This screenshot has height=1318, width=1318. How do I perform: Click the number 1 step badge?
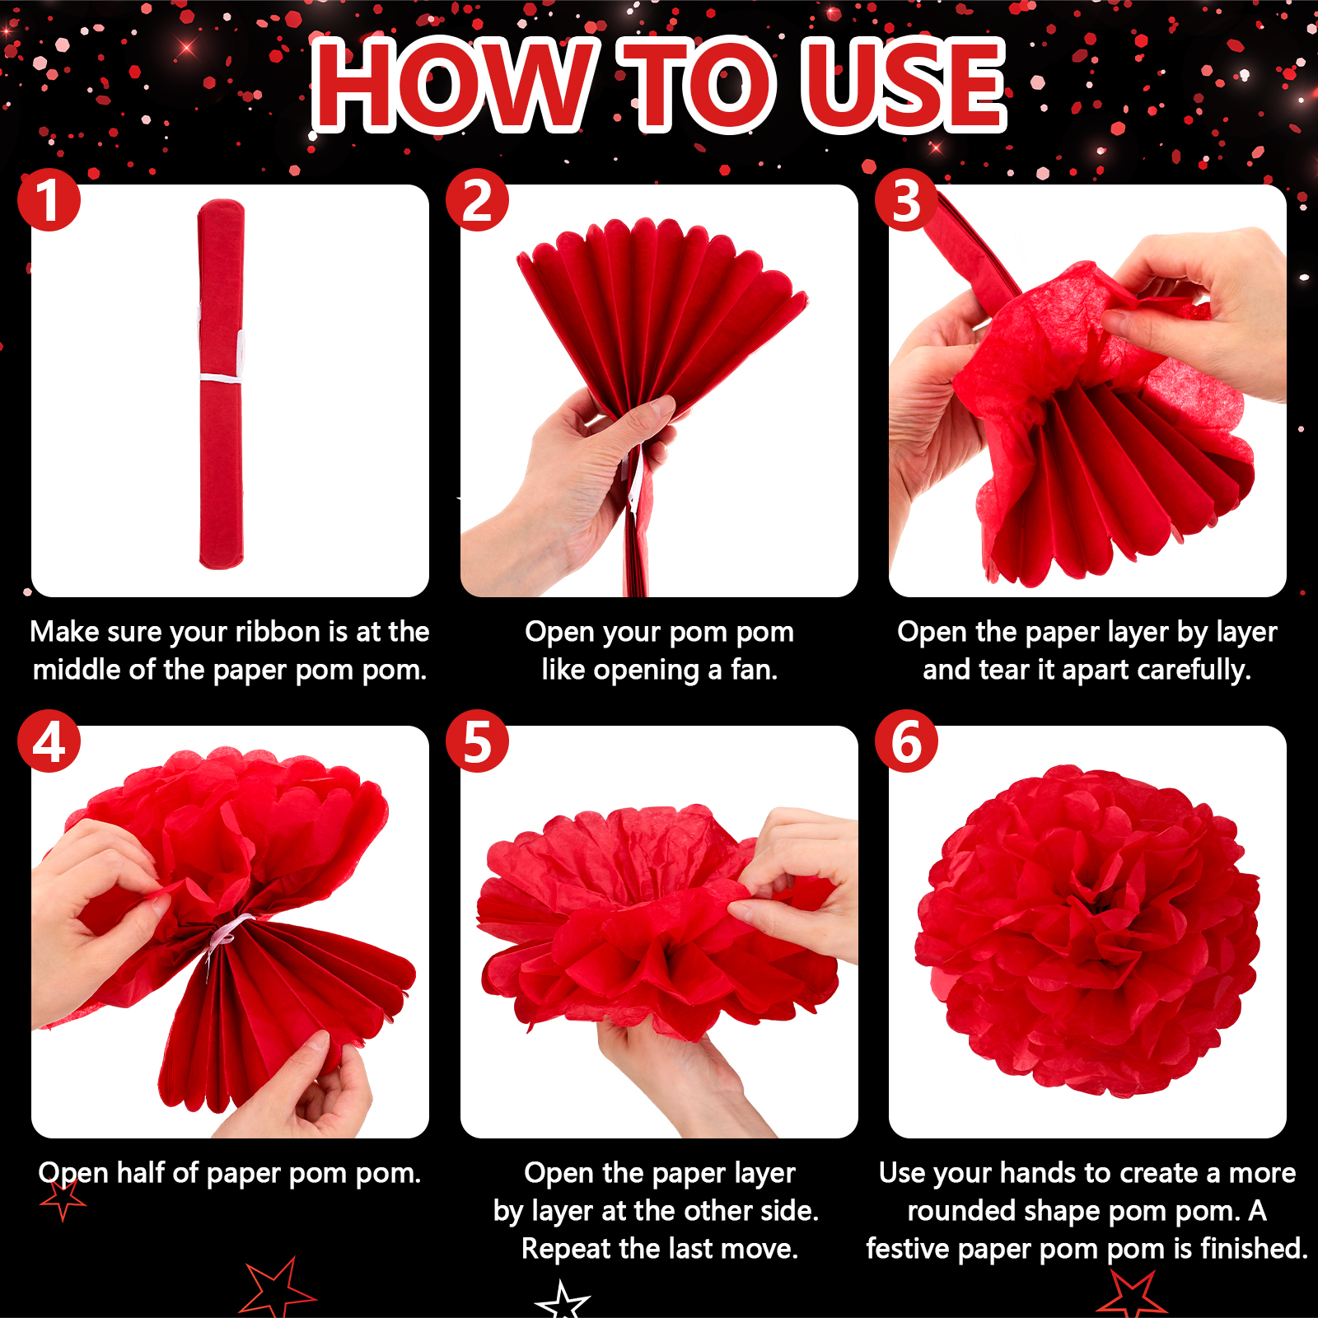pyautogui.click(x=49, y=200)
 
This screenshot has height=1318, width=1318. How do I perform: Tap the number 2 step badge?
pyautogui.click(x=478, y=200)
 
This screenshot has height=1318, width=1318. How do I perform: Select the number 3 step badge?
pyautogui.click(x=906, y=200)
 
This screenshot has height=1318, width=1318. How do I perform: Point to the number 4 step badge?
pyautogui.click(x=49, y=741)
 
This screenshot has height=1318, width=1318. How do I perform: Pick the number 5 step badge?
pyautogui.click(x=478, y=741)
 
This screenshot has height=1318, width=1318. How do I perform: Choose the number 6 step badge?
pyautogui.click(x=906, y=741)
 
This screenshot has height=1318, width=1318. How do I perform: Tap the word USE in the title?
pyautogui.click(x=904, y=85)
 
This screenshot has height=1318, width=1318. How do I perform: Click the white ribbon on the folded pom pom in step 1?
pyautogui.click(x=221, y=378)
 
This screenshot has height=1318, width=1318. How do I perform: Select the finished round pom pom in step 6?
pyautogui.click(x=1087, y=931)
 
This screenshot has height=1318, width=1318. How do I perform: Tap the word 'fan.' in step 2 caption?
pyautogui.click(x=754, y=670)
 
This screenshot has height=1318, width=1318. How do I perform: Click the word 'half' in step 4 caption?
pyautogui.click(x=141, y=1172)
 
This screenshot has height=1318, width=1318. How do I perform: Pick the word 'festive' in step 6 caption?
pyautogui.click(x=908, y=1249)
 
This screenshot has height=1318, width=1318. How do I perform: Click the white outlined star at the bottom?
pyautogui.click(x=563, y=1301)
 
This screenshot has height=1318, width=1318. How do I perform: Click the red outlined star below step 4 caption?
pyautogui.click(x=63, y=1199)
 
